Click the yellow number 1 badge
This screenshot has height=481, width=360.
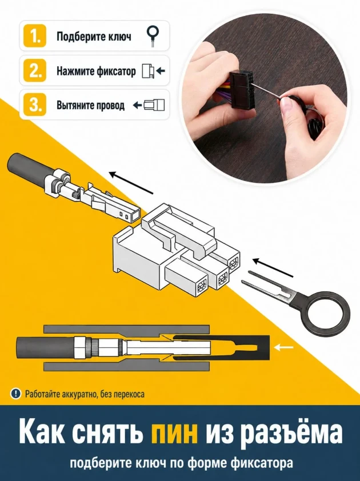(x=35, y=36)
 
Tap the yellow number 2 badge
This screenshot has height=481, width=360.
(x=35, y=71)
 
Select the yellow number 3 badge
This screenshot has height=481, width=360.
(x=35, y=105)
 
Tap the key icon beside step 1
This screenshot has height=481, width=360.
(x=153, y=36)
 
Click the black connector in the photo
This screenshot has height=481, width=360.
(x=242, y=89)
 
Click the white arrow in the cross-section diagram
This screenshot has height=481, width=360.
(x=284, y=347)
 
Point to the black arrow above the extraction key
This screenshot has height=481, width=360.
(x=273, y=267)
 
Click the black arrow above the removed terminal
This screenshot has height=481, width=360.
(x=131, y=183)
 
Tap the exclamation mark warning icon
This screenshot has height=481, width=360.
(x=15, y=393)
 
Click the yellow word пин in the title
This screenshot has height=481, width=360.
(x=174, y=432)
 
